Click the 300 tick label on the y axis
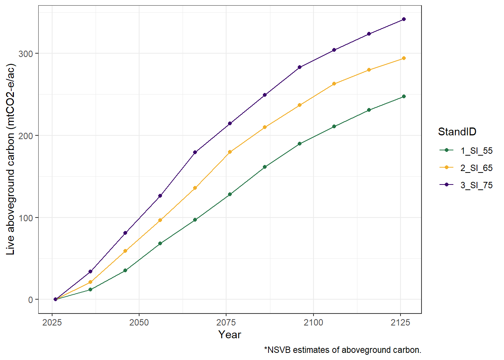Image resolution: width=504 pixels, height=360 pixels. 25,54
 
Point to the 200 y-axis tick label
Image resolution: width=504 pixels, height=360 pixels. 25,136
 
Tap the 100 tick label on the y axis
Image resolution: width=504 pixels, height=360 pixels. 25,218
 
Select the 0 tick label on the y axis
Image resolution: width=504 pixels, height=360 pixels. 31,300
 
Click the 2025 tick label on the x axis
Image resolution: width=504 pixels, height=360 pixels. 52,322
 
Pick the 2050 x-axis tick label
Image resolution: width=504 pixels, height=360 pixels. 139,322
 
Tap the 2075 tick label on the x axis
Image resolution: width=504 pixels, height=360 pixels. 226,322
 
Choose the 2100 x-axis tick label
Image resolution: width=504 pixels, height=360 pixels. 313,322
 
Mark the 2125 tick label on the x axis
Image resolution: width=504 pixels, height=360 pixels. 400,322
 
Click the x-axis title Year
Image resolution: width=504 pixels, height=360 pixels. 230,334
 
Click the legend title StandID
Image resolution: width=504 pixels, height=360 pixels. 457,132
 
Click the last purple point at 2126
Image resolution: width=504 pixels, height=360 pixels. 404,19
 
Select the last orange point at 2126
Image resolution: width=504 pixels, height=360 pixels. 404,58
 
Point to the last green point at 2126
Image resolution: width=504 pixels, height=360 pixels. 404,96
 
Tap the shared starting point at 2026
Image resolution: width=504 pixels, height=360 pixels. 55,299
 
